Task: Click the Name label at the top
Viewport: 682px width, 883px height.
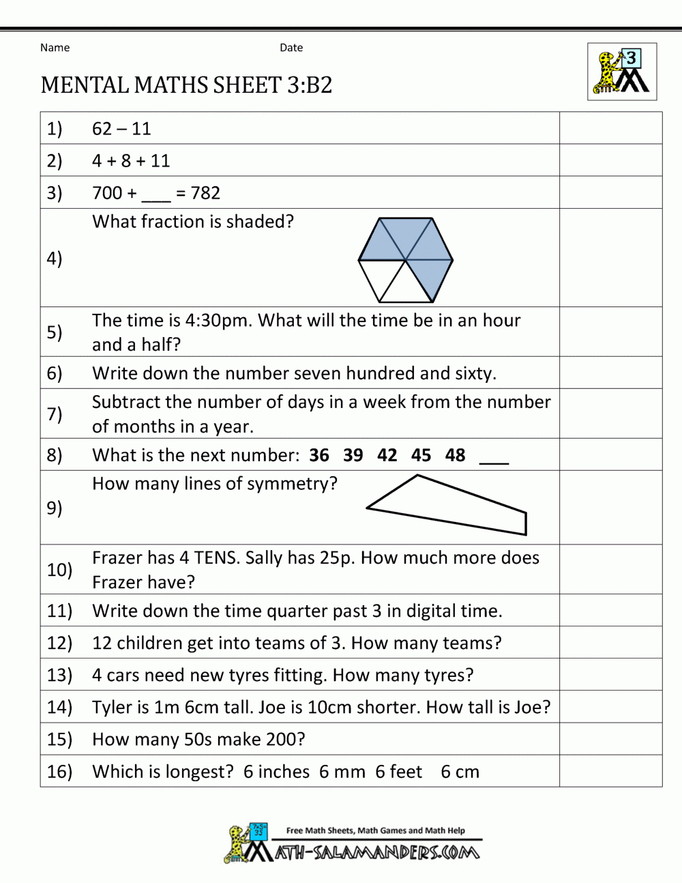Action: point(55,48)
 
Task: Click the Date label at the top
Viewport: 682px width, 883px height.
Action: point(291,48)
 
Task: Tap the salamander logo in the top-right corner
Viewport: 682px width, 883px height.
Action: point(622,72)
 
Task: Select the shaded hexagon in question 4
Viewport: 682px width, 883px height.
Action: point(406,259)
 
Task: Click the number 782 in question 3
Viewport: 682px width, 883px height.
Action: point(205,193)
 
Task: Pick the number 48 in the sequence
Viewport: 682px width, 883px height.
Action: point(455,455)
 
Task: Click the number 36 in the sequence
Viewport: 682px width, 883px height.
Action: point(318,455)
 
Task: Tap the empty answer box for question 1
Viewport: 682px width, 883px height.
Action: point(610,128)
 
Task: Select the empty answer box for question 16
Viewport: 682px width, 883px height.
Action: point(610,771)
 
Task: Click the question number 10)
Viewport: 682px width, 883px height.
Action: point(59,569)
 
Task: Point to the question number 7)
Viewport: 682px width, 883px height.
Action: point(55,414)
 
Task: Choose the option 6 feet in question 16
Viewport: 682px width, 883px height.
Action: point(399,772)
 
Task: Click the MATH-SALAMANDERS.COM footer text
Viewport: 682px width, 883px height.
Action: point(377,853)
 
